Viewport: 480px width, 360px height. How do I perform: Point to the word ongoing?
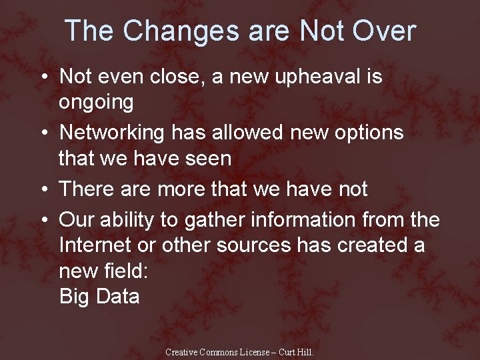96,103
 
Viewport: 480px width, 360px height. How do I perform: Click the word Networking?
111,133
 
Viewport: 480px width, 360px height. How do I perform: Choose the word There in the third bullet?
86,189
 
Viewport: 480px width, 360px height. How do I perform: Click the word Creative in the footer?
182,352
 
